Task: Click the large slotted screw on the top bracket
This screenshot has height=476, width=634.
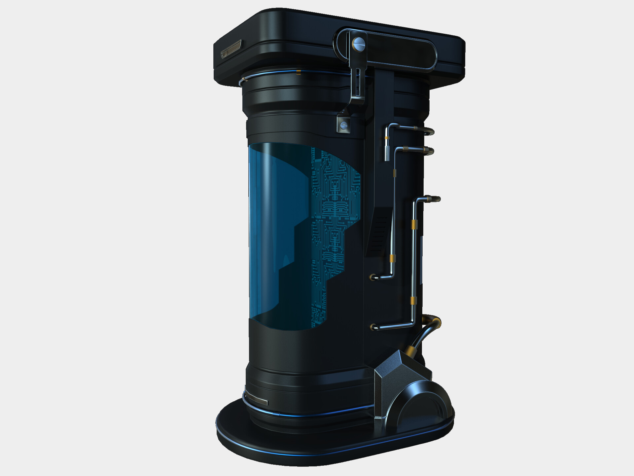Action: coord(359,43)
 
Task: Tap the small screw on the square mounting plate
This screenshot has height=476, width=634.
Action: coord(344,125)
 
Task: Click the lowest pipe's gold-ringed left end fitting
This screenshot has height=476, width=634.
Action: coord(374,327)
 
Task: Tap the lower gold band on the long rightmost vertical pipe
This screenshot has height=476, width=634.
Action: coord(413,300)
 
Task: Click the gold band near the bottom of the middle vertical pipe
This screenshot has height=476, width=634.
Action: coord(392,258)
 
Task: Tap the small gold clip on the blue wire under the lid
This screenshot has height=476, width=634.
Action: coord(299,72)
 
